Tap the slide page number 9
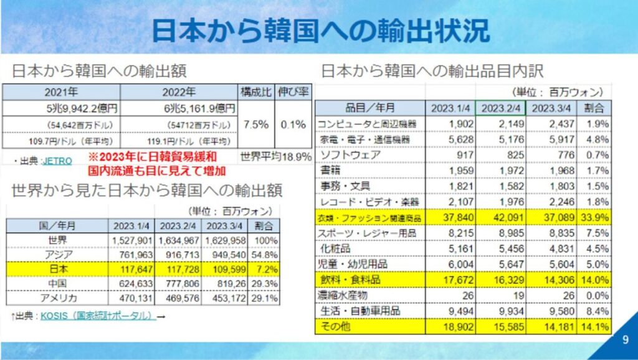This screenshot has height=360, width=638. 625,340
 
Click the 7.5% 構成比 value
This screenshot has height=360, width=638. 257,123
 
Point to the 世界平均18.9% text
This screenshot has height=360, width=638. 276,156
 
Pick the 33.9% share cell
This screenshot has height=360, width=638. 597,218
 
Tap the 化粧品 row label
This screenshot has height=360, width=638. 337,249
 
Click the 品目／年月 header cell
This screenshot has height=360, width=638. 369,108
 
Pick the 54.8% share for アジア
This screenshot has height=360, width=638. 267,254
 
